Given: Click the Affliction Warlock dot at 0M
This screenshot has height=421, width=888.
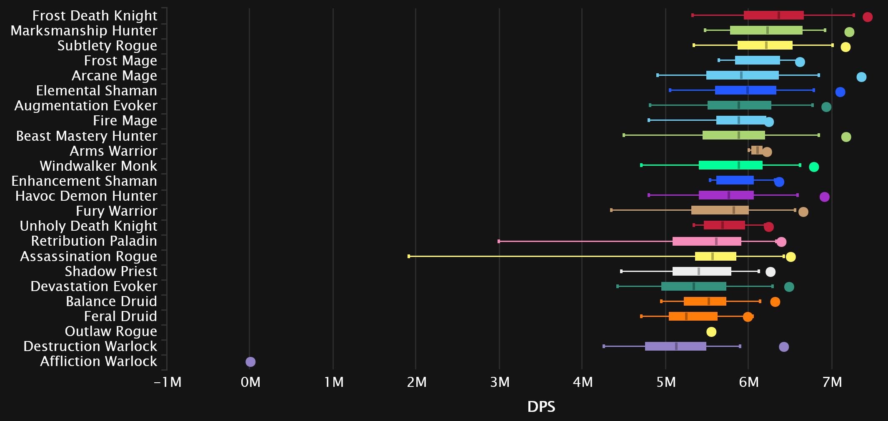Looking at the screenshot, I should (250, 362).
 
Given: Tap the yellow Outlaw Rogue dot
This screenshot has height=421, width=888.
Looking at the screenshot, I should (711, 332).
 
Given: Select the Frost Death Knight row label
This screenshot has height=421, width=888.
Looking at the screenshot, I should (95, 15).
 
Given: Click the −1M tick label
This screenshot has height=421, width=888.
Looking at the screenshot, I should (168, 382).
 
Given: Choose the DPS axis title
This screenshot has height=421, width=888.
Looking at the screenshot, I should (541, 406).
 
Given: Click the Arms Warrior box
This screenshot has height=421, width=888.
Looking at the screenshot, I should (757, 150).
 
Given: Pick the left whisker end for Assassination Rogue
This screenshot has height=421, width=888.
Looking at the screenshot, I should (409, 257).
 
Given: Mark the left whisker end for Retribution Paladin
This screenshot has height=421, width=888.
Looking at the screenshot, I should (499, 241).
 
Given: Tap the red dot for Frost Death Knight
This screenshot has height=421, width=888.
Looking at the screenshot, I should (868, 17).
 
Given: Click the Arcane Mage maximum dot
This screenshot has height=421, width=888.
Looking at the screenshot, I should (861, 77).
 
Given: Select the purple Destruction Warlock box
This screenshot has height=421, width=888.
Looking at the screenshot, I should (675, 346).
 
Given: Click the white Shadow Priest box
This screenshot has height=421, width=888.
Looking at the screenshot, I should (702, 272).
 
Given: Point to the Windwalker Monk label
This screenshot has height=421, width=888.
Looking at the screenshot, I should (98, 166).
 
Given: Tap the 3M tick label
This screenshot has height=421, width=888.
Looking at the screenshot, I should (500, 382).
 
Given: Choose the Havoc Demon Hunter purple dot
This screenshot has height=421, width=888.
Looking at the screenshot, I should (824, 197).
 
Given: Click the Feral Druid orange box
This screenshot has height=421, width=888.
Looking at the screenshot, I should (693, 316).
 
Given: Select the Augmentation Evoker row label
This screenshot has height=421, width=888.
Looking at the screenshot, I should (86, 106).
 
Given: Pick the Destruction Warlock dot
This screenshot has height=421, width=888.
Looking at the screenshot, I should (784, 347).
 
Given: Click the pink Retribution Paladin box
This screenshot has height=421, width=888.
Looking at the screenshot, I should (707, 241).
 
